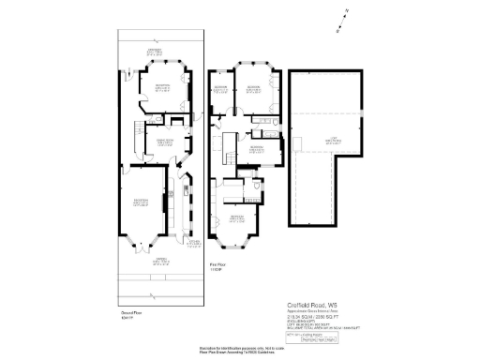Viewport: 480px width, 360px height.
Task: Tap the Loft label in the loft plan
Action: tap(333, 142)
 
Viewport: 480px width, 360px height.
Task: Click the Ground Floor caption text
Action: tap(130, 314)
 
